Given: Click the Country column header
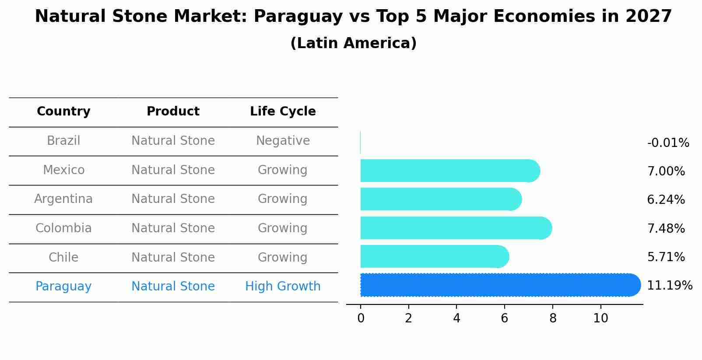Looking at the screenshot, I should pyautogui.click(x=63, y=112).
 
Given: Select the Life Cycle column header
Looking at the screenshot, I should pyautogui.click(x=283, y=112).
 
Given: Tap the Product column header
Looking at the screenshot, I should pyautogui.click(x=173, y=112).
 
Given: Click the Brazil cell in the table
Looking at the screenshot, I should pyautogui.click(x=63, y=141).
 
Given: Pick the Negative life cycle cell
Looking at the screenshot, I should pyautogui.click(x=283, y=141).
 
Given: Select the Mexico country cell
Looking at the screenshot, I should pyautogui.click(x=63, y=170).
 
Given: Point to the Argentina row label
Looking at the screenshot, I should pyautogui.click(x=63, y=199).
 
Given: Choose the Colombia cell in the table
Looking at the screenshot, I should pyautogui.click(x=63, y=228).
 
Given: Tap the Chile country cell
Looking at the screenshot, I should pyautogui.click(x=63, y=257).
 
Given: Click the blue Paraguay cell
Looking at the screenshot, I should pyautogui.click(x=63, y=287).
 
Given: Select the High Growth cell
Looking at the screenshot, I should pyautogui.click(x=283, y=287).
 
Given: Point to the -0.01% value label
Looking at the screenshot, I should pyautogui.click(x=668, y=143).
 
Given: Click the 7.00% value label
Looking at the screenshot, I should pyautogui.click(x=666, y=171).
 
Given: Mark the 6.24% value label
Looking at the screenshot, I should pyautogui.click(x=666, y=200).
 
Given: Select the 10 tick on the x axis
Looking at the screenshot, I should pyautogui.click(x=600, y=318).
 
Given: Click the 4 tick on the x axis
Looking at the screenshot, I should pyautogui.click(x=456, y=318).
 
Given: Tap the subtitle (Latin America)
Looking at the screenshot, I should pyautogui.click(x=353, y=43).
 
